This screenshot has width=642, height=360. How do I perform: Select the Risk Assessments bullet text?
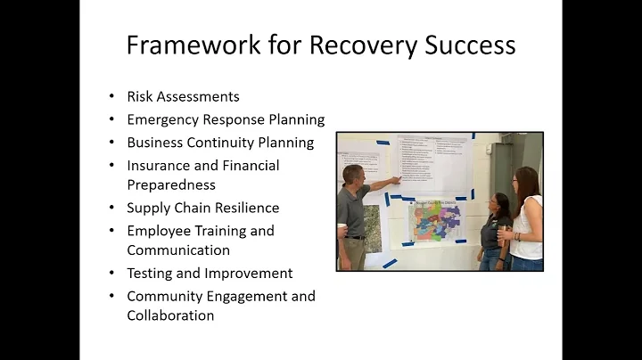tap(183, 97)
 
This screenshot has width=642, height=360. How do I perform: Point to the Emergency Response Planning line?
tap(226, 119)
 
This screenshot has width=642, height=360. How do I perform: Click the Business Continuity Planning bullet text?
tap(220, 143)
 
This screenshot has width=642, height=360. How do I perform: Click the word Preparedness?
tap(171, 185)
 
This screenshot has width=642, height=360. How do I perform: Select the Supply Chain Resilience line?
tap(202, 208)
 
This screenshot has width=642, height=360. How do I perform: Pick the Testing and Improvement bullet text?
tap(210, 274)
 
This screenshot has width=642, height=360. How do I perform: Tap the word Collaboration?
tap(170, 315)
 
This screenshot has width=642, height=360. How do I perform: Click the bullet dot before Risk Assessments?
tap(111, 97)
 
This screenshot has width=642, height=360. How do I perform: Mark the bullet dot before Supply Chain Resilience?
tap(111, 209)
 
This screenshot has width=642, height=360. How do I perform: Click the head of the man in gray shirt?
tap(353, 175)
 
